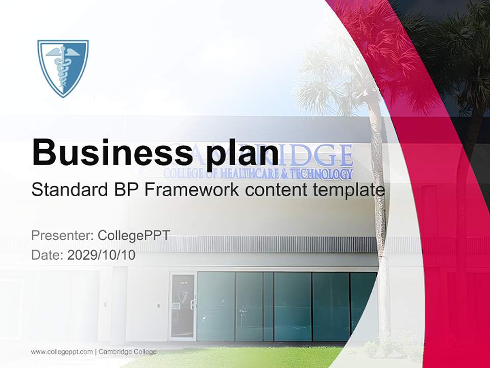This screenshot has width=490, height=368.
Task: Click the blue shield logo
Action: (63, 68)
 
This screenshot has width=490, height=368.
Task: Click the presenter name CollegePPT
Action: (134, 236)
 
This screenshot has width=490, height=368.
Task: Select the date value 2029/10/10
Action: (102, 255)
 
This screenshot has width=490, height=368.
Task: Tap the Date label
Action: (47, 255)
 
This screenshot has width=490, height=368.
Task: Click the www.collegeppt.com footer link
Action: (62, 352)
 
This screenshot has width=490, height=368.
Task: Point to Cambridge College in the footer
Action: (128, 352)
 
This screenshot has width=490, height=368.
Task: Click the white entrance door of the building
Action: (183, 306)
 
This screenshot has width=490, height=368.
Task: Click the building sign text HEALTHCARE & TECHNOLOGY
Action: (286, 174)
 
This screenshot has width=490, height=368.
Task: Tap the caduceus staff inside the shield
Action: (63, 69)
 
